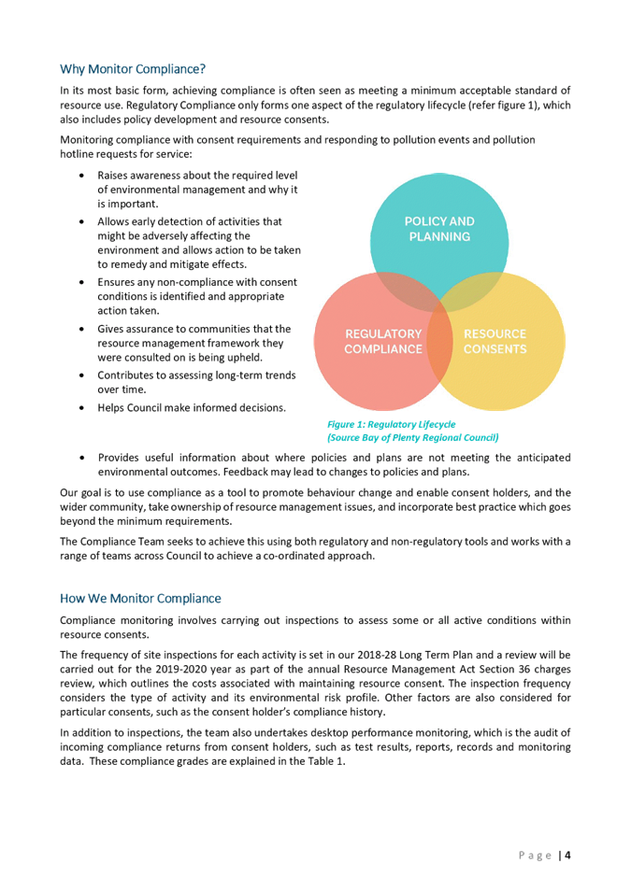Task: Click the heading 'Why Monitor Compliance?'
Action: point(133,69)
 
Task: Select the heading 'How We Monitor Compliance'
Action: point(140,599)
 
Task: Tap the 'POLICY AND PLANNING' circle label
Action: point(439,229)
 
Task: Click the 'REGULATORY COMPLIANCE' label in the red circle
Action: point(383,341)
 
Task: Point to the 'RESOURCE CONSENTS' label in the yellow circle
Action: point(495,341)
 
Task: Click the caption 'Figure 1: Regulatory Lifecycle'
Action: point(392,424)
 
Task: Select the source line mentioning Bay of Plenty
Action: point(413,437)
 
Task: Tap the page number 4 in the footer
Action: point(567,855)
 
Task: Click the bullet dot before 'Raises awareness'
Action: point(83,176)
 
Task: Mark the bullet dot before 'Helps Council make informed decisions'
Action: point(83,408)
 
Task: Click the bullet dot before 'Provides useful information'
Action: point(83,458)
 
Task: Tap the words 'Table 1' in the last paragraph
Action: point(325,761)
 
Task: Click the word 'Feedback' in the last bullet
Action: point(244,472)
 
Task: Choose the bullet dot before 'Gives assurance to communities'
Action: point(83,330)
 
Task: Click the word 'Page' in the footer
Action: point(536,856)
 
